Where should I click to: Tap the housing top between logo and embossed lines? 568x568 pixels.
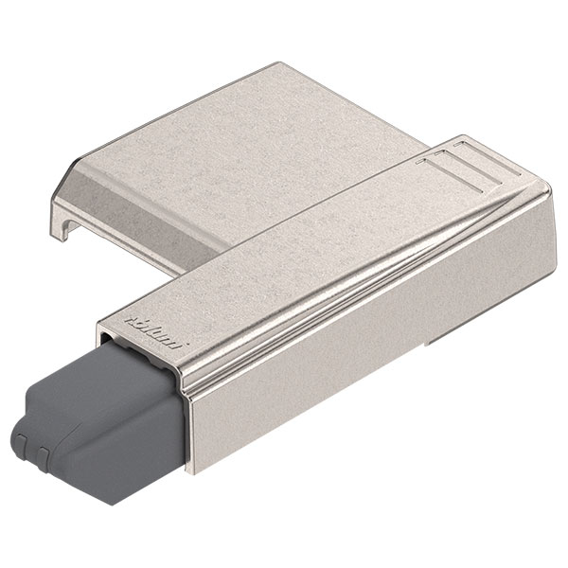coord(303,241)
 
